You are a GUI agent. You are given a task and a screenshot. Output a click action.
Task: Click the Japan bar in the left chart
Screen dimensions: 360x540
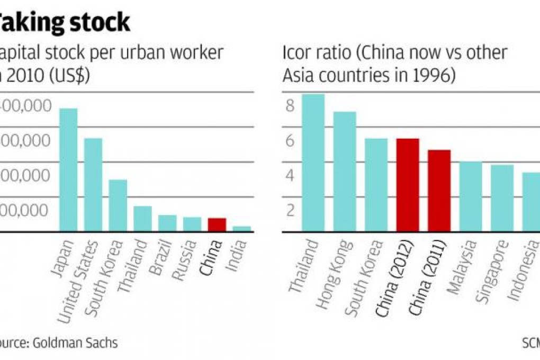(x=68, y=170)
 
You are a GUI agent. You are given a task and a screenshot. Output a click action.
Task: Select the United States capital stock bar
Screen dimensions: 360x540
(x=93, y=185)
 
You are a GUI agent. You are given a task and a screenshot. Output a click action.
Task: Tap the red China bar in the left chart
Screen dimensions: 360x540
(x=217, y=225)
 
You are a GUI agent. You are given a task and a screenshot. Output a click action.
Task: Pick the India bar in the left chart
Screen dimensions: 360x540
(x=241, y=229)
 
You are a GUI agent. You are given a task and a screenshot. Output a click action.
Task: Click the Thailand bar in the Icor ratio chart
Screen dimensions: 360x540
(x=313, y=163)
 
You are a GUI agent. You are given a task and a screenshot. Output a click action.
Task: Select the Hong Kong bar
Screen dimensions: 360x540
(x=344, y=172)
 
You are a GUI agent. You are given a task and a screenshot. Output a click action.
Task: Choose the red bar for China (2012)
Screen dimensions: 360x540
(x=408, y=185)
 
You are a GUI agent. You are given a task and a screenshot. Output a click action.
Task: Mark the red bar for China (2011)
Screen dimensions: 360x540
(x=439, y=191)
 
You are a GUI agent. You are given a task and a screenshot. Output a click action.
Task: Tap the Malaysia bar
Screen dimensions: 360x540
(x=471, y=196)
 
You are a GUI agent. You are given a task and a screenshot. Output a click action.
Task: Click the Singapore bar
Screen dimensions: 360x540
(x=502, y=198)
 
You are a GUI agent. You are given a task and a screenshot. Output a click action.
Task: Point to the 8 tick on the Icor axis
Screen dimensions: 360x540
(x=289, y=106)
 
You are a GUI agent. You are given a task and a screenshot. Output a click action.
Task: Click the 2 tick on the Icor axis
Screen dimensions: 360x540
(x=289, y=210)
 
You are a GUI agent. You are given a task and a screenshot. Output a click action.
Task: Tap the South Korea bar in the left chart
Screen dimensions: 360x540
(x=118, y=205)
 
